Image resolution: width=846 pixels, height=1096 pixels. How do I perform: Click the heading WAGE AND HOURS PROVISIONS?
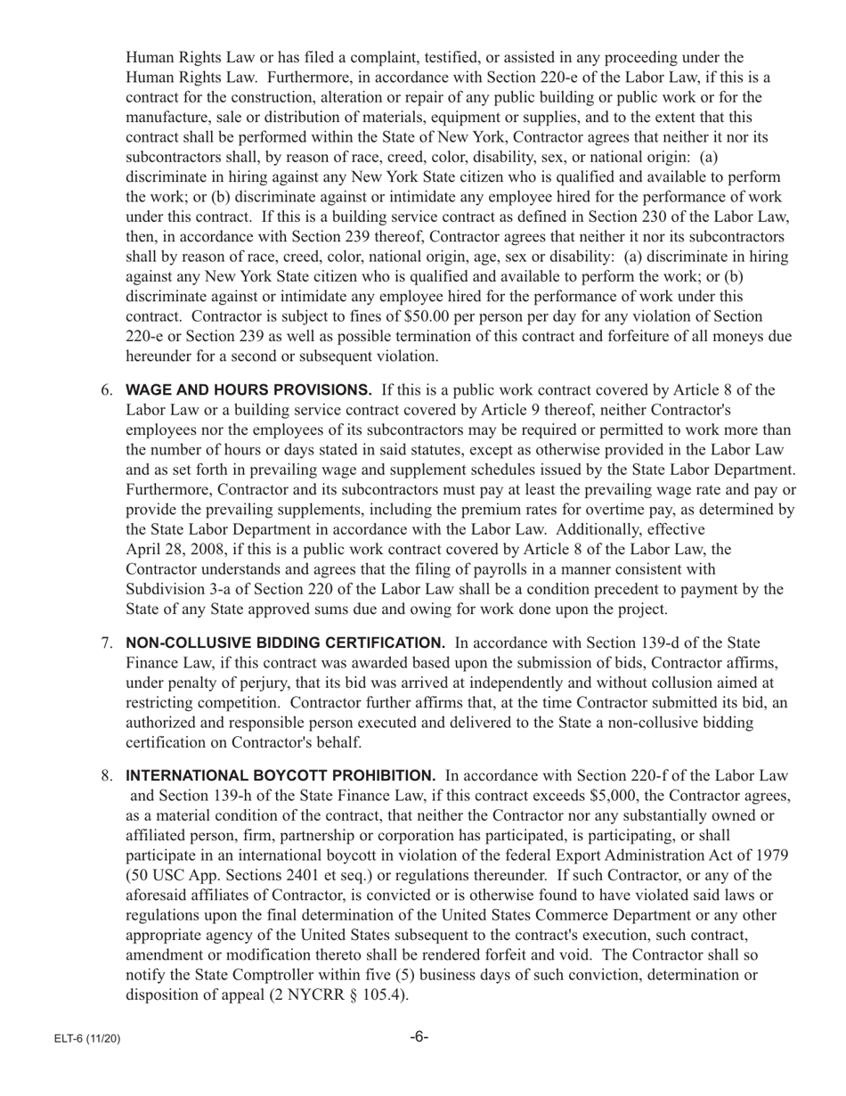click(x=248, y=389)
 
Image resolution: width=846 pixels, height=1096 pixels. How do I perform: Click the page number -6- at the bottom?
click(x=419, y=1037)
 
